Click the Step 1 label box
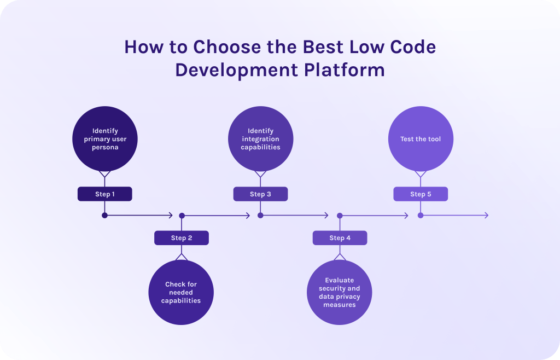(x=105, y=194)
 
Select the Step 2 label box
(x=182, y=238)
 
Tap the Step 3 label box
(x=260, y=194)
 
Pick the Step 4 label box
(x=340, y=238)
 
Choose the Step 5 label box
(x=421, y=194)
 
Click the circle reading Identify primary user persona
(x=105, y=139)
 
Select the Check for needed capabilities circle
(x=181, y=293)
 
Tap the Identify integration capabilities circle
(x=260, y=139)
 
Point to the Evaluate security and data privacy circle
(x=339, y=293)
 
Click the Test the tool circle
(x=421, y=139)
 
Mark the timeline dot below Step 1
(x=104, y=216)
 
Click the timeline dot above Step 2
(x=182, y=216)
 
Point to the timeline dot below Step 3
(x=260, y=216)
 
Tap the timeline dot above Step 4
(x=340, y=216)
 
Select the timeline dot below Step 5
(x=421, y=216)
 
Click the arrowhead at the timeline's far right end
(x=486, y=216)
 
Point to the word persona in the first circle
(x=105, y=147)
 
